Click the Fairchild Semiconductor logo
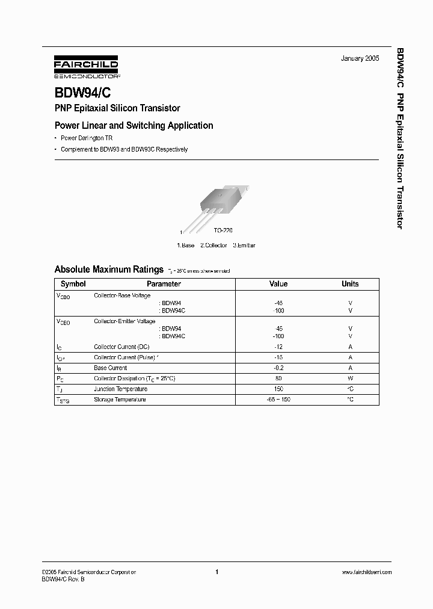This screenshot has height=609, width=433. click(x=86, y=67)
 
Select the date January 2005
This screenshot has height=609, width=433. click(x=360, y=58)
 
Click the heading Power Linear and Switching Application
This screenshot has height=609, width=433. click(x=134, y=126)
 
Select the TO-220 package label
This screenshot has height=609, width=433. click(x=223, y=230)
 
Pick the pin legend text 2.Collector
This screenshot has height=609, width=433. click(x=213, y=246)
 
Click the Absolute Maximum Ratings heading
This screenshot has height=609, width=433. click(x=109, y=270)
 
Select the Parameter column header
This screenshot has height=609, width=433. click(x=164, y=284)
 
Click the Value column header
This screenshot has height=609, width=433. click(x=278, y=284)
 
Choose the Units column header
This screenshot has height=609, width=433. click(x=350, y=284)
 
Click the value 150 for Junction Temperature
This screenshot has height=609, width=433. click(x=278, y=389)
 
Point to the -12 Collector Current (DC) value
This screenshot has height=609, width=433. click(x=278, y=347)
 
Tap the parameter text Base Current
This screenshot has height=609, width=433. click(x=110, y=368)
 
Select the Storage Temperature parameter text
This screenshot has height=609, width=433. click(x=120, y=400)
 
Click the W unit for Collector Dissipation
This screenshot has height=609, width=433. click(x=350, y=379)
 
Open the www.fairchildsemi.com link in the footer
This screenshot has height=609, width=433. click(x=366, y=572)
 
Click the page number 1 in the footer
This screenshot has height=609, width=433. click(x=216, y=572)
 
